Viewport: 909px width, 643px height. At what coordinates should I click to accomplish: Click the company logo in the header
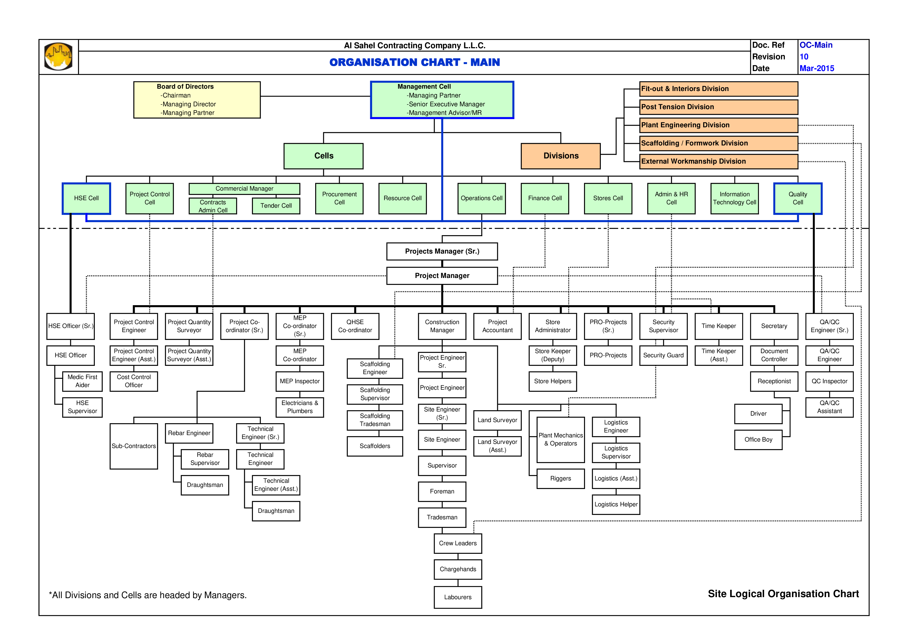tap(58, 56)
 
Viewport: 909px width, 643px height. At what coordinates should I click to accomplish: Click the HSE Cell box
tap(86, 198)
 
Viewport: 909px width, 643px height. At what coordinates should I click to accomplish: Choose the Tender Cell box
tap(276, 206)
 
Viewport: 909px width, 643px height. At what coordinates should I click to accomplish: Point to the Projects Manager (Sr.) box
tap(442, 251)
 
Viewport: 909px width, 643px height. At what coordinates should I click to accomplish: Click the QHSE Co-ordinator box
tap(355, 326)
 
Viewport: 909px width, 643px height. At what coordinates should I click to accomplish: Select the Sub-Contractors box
tap(134, 446)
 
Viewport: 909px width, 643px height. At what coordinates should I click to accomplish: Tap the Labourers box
tap(458, 597)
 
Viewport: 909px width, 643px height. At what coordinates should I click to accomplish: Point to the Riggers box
tap(561, 479)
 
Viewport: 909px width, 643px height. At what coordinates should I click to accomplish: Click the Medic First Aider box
tap(82, 381)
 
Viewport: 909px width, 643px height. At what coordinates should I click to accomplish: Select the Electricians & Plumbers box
tap(300, 407)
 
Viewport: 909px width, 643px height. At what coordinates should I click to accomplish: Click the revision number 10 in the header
tap(804, 57)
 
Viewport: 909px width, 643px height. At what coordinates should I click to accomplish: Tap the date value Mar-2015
tap(817, 68)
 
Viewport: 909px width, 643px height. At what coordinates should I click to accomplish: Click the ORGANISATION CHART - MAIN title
tap(414, 62)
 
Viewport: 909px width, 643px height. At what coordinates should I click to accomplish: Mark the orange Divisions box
tap(561, 156)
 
